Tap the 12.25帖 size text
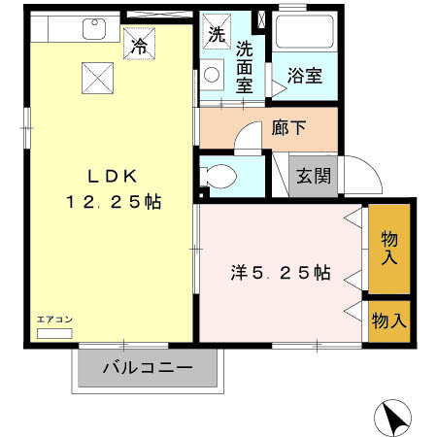tap(114, 203)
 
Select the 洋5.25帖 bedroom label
tap(280, 274)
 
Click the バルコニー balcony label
tap(148, 368)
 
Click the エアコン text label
tap(53, 319)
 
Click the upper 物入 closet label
tap(389, 248)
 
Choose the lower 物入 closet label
tap(389, 319)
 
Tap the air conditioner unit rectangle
tap(54, 332)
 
